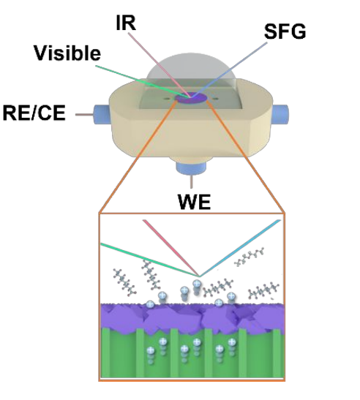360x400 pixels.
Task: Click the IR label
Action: pos(126,23)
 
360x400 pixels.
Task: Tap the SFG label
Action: pos(285,31)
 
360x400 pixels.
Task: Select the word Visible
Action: pos(67,53)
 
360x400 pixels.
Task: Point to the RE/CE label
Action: pos(34,113)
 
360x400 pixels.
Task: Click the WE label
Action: pos(194,202)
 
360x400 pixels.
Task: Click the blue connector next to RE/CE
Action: pos(102,114)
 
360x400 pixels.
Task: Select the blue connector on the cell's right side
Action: pos(280,114)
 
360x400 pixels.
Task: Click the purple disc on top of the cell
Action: pos(191,98)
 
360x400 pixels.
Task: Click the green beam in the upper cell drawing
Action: pos(143,81)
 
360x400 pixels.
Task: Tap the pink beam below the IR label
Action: pos(159,65)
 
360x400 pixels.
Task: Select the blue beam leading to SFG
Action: pos(229,69)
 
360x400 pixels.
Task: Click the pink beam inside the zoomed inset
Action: pos(171,248)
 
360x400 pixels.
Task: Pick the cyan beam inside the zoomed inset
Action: pos(240,248)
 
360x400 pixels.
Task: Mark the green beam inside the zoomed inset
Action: pos(150,260)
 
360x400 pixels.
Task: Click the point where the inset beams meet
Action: pos(200,276)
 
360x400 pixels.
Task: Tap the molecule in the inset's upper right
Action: pos(250,257)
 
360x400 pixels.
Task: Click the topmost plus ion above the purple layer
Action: pos(197,284)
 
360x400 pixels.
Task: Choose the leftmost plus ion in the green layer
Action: pos(151,350)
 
